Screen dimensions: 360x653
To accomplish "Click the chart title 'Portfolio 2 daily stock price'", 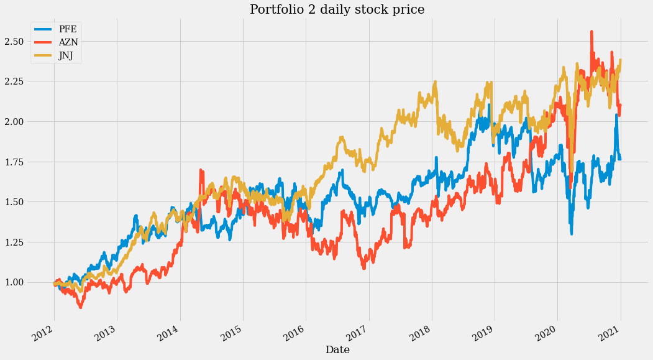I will [x=337, y=9].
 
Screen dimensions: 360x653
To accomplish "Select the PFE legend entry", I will [x=67, y=29].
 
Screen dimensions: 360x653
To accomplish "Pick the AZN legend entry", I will [x=68, y=43].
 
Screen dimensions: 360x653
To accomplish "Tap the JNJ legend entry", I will [x=67, y=57].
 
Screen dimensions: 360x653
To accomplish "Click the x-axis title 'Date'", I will [x=337, y=350].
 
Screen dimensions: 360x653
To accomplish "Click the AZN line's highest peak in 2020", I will [x=591, y=32].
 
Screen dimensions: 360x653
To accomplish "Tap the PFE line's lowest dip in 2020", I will [x=572, y=233].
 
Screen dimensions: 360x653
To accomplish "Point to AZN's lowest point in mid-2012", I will [x=80, y=307].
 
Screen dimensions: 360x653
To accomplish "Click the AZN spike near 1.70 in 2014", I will [x=201, y=170].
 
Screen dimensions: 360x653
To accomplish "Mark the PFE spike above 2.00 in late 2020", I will [x=616, y=115].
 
